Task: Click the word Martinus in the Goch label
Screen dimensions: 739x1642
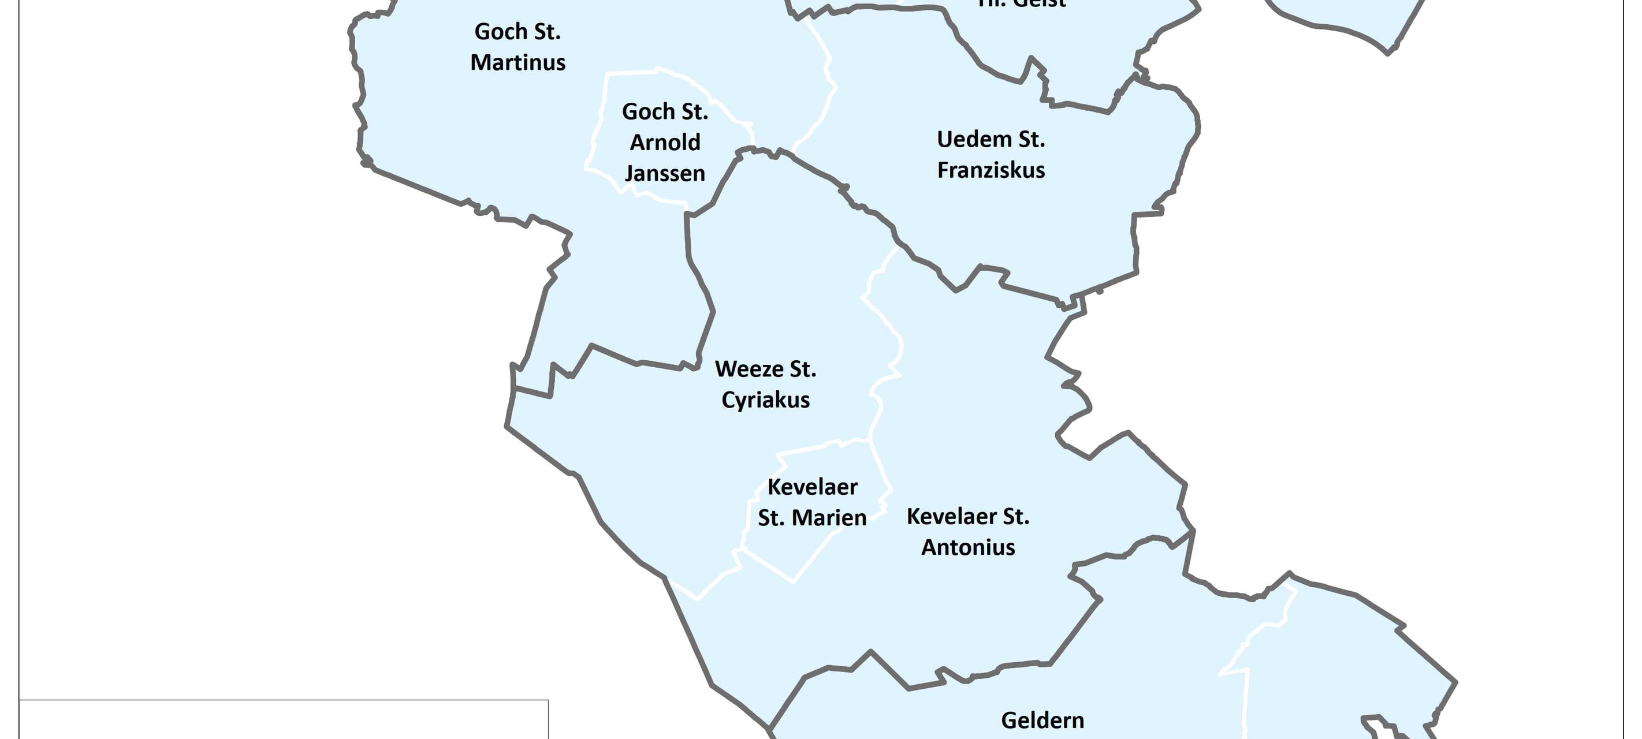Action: (517, 62)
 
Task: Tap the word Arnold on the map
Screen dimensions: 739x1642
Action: (665, 142)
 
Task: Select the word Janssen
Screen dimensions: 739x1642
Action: (665, 173)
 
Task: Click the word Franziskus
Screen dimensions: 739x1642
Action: (991, 170)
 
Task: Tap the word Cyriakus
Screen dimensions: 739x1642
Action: (765, 400)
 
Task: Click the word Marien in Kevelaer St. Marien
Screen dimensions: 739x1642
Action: (829, 518)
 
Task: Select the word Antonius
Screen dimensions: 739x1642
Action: (967, 547)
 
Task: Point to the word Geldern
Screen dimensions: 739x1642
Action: (1042, 721)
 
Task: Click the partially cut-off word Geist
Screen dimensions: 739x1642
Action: (1038, 4)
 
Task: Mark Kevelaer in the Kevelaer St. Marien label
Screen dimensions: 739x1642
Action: (812, 487)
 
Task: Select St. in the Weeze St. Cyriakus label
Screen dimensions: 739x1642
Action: (802, 369)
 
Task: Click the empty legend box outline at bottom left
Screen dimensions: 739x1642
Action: (284, 701)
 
